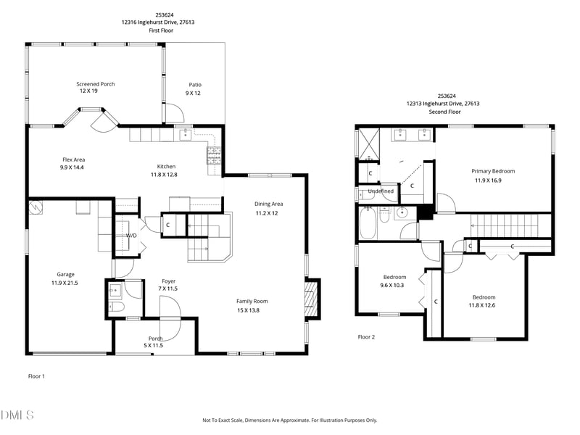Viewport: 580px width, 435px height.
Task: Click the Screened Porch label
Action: (96, 84)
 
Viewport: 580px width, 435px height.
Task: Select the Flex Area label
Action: (74, 159)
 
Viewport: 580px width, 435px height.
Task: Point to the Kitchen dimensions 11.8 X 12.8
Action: (164, 175)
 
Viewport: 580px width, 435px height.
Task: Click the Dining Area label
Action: (268, 204)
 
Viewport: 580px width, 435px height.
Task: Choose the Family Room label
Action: (252, 301)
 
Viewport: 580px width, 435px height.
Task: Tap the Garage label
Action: (66, 275)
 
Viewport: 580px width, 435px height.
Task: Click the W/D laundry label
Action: (131, 236)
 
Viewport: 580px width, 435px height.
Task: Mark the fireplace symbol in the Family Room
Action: (312, 297)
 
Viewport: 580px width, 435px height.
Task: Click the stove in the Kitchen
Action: (215, 157)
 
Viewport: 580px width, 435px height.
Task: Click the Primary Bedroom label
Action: (494, 171)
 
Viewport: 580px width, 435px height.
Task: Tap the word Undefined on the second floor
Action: (381, 191)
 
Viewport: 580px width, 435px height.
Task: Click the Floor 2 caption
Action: (367, 336)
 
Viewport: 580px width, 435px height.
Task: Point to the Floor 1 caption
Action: (36, 376)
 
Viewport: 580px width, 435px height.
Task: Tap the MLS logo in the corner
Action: (17, 415)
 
